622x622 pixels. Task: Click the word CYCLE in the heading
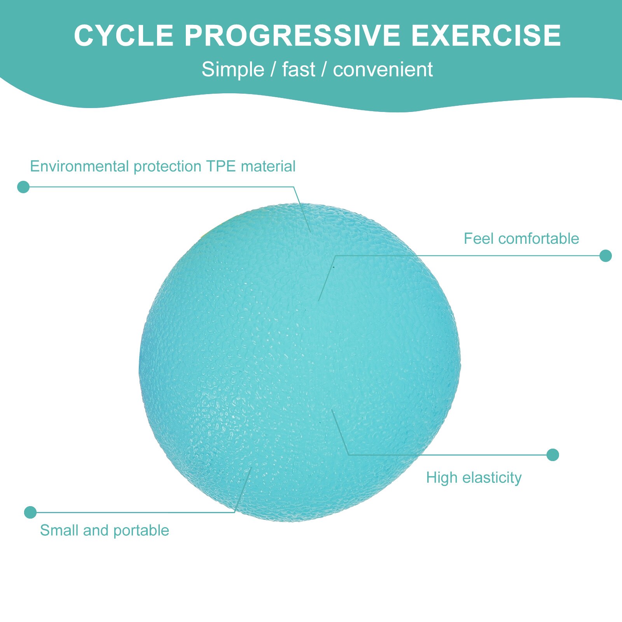click(124, 36)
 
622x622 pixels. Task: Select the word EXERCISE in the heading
click(486, 36)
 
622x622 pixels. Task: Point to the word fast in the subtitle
click(299, 70)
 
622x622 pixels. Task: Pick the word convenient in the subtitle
click(383, 70)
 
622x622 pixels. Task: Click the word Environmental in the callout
click(80, 166)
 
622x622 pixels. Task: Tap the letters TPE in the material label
click(221, 166)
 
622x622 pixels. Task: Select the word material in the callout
click(268, 166)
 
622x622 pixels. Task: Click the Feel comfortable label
click(521, 239)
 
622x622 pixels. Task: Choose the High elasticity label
click(474, 478)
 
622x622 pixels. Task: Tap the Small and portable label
click(105, 530)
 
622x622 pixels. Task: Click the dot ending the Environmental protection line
click(23, 187)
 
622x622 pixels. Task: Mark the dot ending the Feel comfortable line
click(605, 256)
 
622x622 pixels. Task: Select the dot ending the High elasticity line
click(552, 455)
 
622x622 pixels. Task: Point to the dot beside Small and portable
click(30, 512)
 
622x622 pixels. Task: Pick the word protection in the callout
click(168, 167)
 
